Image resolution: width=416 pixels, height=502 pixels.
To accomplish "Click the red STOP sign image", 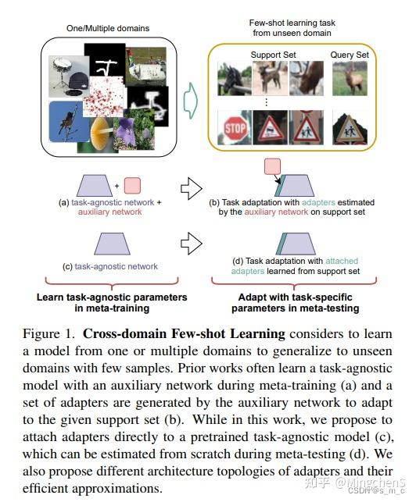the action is [235, 128].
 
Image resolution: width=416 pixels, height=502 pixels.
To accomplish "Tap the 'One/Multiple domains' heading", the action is [108, 28].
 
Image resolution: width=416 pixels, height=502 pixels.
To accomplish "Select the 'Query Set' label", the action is [350, 55].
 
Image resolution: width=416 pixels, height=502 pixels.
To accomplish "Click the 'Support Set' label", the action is [273, 55].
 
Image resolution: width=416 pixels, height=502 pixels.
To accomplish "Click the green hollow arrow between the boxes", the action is [191, 101].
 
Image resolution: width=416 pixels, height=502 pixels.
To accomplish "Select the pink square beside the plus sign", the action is [132, 185].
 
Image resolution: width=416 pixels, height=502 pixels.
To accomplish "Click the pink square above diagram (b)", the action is [272, 166].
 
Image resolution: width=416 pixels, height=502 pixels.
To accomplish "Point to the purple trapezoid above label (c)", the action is [113, 244].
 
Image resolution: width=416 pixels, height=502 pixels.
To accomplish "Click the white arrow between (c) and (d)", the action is [192, 244].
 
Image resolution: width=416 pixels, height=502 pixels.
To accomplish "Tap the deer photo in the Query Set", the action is [350, 79].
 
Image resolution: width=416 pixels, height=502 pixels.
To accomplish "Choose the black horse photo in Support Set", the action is [235, 79].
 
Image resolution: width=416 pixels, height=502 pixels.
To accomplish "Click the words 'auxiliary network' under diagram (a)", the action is [110, 212].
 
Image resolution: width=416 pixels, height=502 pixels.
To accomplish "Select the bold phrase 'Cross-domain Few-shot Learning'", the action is [184, 333].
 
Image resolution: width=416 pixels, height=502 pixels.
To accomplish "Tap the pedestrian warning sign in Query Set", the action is [350, 128].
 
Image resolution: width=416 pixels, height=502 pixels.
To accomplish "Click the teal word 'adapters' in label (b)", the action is [318, 202].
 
